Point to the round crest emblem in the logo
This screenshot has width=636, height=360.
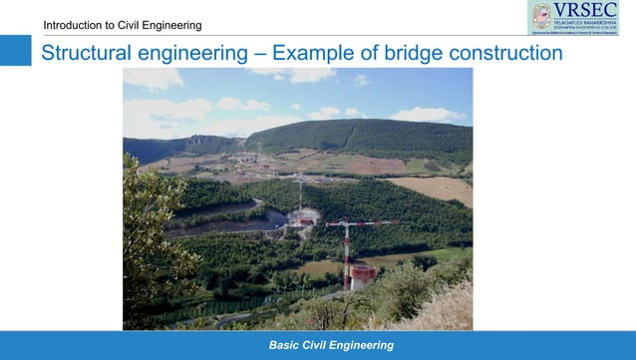pyautogui.click(x=541, y=16)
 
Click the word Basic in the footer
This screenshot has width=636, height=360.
pyautogui.click(x=286, y=345)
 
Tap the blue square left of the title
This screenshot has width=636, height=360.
pyautogui.click(x=15, y=51)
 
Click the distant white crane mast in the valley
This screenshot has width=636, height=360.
pyautogui.click(x=300, y=194)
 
